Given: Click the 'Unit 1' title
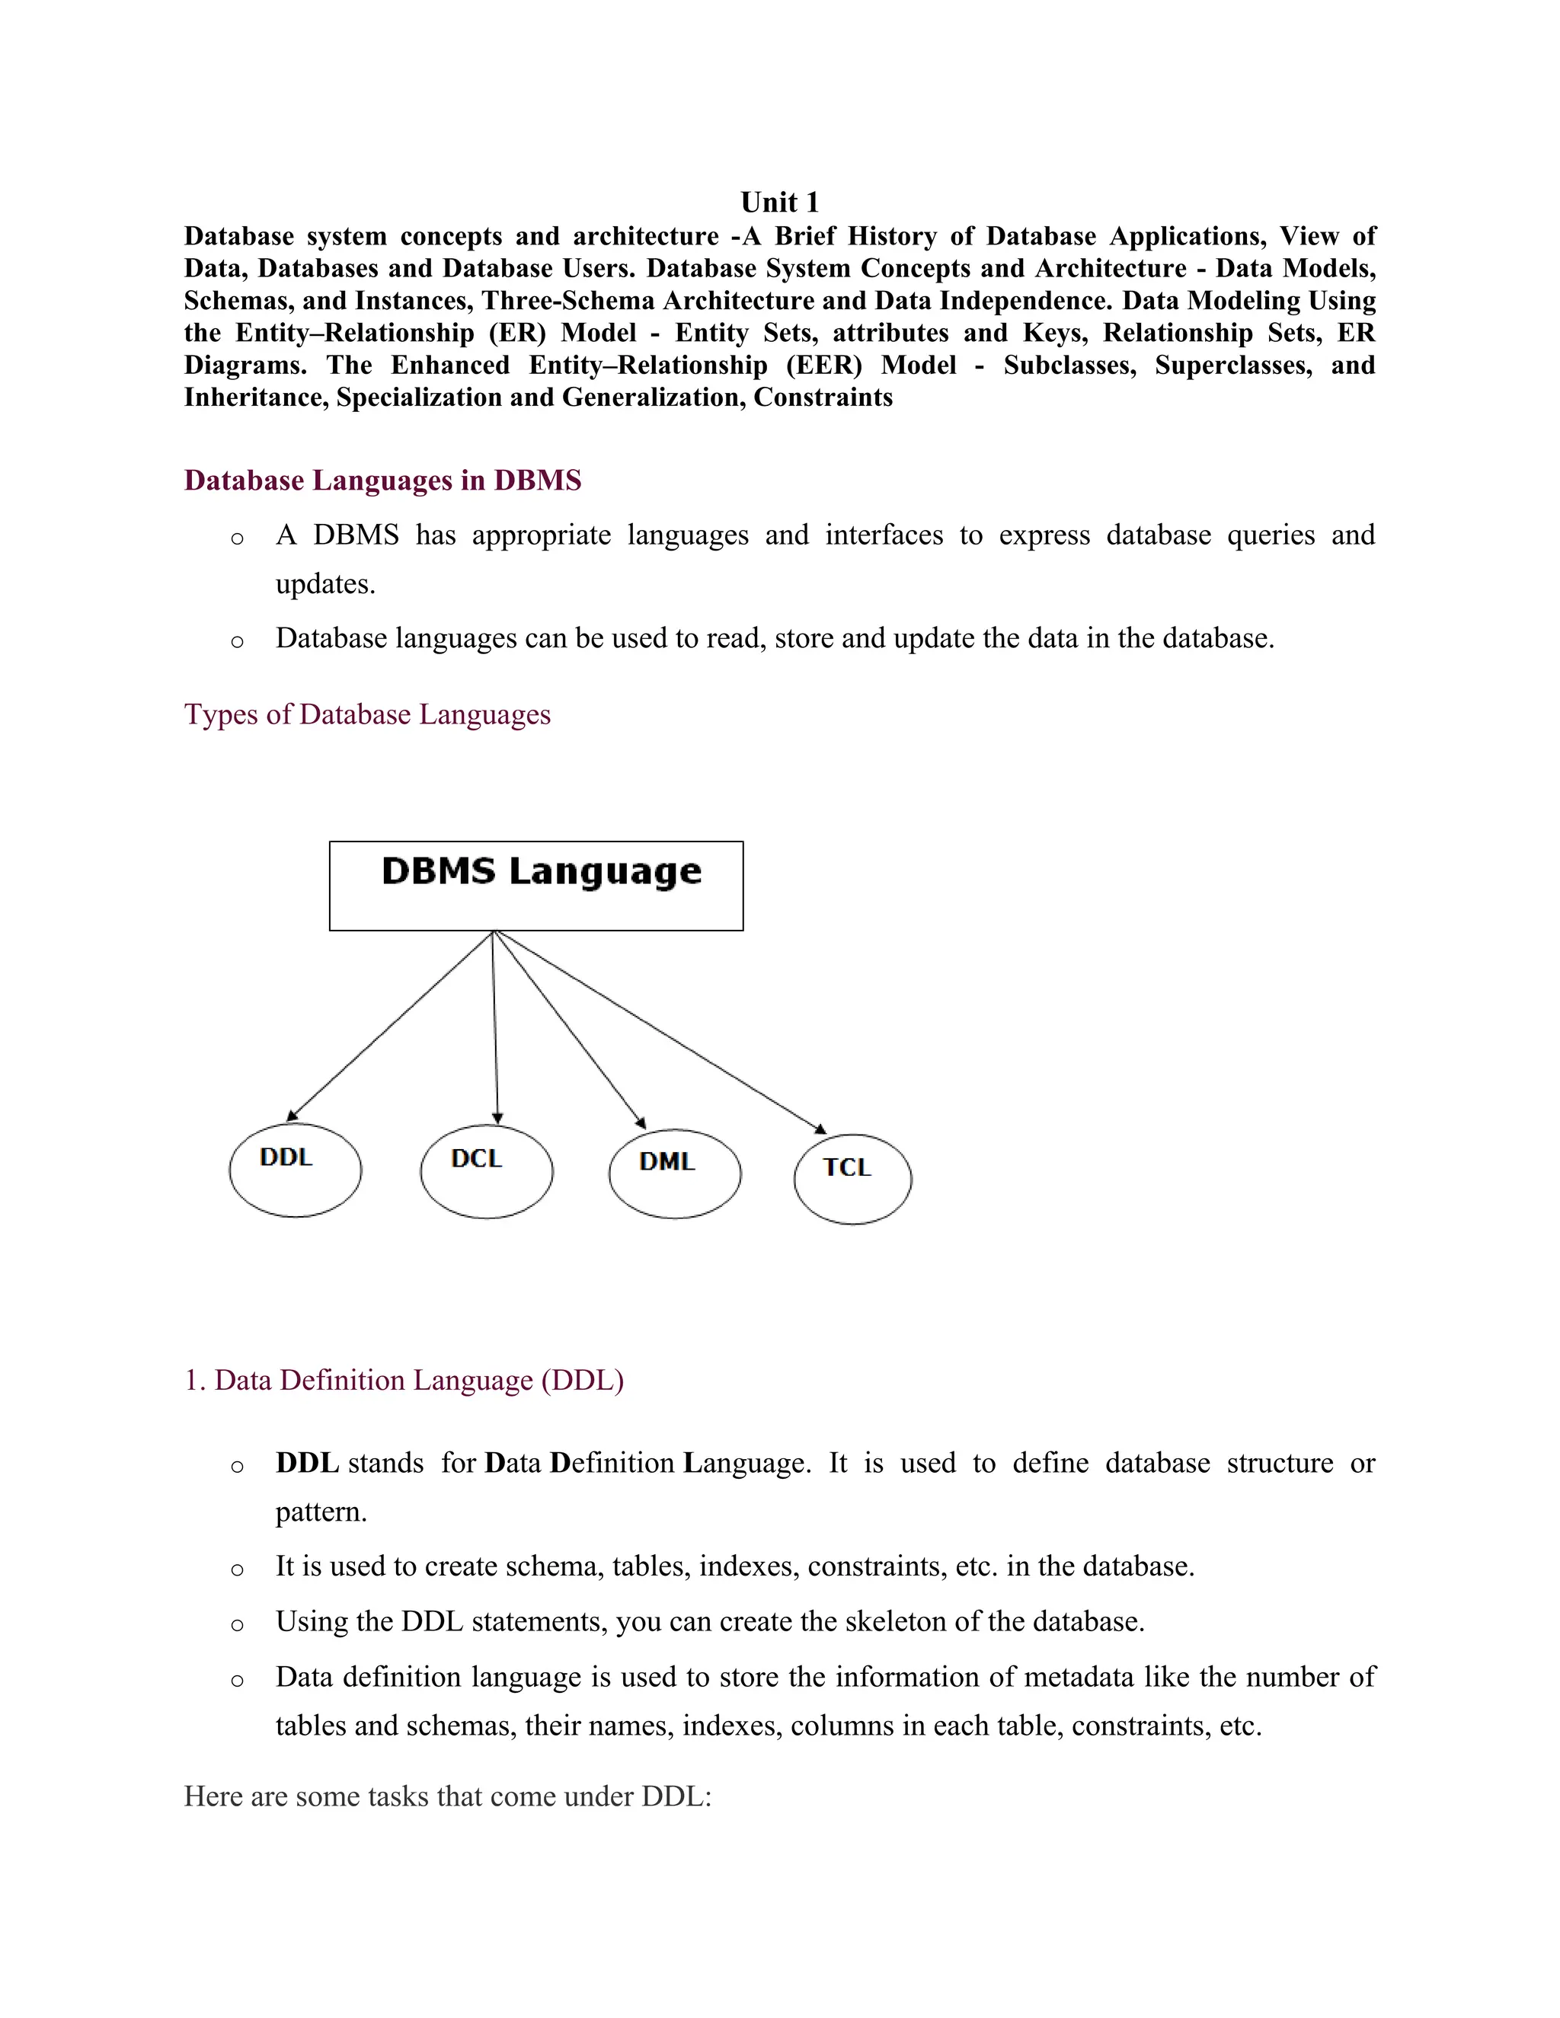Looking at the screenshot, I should (779, 203).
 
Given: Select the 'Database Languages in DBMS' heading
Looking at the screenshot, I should (382, 481).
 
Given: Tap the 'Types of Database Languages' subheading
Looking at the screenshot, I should (367, 714).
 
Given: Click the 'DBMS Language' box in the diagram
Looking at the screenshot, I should (536, 885).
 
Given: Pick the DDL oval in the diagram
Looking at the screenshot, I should (295, 1170).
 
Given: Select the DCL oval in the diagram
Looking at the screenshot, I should (486, 1170).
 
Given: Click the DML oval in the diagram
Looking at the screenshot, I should (675, 1173).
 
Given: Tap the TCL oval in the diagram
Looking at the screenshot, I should (852, 1178).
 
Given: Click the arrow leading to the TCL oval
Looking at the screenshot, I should (660, 1032).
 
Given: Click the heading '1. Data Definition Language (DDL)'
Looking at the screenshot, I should (404, 1380).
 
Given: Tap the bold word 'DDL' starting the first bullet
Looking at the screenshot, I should (307, 1463).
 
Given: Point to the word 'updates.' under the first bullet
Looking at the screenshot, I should (325, 584).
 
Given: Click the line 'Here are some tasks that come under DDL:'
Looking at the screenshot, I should (447, 1796).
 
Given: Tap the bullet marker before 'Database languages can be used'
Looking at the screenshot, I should (238, 640).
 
